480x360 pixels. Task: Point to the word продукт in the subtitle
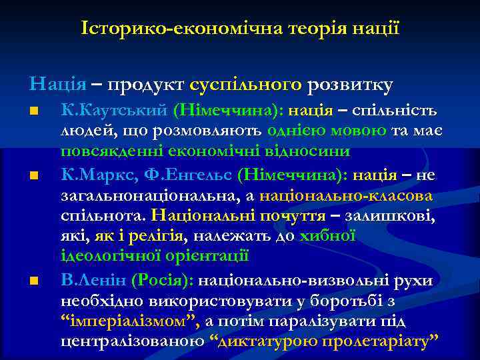(x=145, y=85)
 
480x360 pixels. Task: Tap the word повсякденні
(x=111, y=150)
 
